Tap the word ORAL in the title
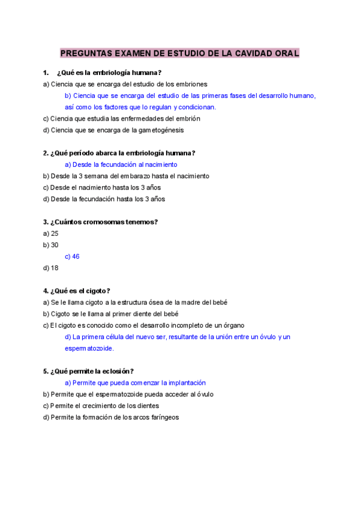285,53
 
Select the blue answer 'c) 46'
72,256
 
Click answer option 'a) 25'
51,233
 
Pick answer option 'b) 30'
51,245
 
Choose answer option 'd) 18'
51,268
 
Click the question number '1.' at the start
46,73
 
